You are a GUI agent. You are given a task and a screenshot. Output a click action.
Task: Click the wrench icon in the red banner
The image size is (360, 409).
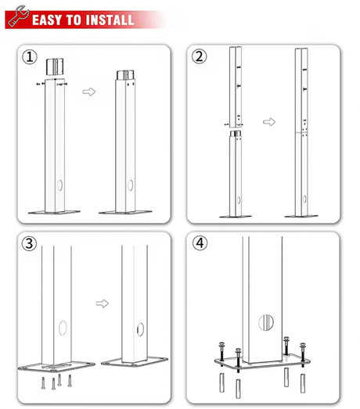pyautogui.click(x=18, y=16)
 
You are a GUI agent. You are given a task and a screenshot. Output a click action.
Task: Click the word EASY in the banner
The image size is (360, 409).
pyautogui.click(x=47, y=20)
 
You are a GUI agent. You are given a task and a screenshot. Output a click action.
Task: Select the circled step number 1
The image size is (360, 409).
pyautogui.click(x=30, y=57)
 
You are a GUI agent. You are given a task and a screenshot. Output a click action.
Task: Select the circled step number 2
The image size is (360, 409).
pyautogui.click(x=200, y=56)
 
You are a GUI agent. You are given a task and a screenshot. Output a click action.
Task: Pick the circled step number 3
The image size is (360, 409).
pyautogui.click(x=29, y=243)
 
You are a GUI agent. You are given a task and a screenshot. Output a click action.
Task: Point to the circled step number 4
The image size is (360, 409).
pyautogui.click(x=200, y=243)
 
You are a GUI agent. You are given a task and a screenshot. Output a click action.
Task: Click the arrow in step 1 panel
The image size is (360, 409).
pyautogui.click(x=89, y=91)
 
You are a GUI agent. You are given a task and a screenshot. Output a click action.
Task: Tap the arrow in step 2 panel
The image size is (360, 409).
pyautogui.click(x=269, y=121)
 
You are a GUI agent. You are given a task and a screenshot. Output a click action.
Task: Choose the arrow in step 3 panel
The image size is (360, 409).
pyautogui.click(x=102, y=303)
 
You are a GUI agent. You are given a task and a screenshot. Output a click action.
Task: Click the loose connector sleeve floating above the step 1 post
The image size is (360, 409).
pyautogui.click(x=55, y=66)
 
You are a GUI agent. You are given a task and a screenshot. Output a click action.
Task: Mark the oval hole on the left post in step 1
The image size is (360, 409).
pyautogui.click(x=60, y=185)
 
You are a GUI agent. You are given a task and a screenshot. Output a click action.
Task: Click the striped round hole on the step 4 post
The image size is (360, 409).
pyautogui.click(x=266, y=323)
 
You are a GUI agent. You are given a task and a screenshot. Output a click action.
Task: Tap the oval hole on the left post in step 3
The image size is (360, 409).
pyautogui.click(x=63, y=328)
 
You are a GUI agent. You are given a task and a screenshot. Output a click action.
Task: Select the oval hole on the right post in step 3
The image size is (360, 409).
pyautogui.click(x=140, y=329)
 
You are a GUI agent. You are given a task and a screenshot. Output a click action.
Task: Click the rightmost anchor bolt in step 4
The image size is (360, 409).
pyautogui.click(x=303, y=355)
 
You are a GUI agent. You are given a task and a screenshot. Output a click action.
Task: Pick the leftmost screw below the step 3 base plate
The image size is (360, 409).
pyautogui.click(x=43, y=383)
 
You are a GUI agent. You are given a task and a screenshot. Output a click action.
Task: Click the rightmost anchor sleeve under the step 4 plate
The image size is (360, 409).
pyautogui.click(x=303, y=383)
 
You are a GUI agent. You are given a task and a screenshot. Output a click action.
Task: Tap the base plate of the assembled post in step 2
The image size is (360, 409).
pyautogui.click(x=301, y=217)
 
